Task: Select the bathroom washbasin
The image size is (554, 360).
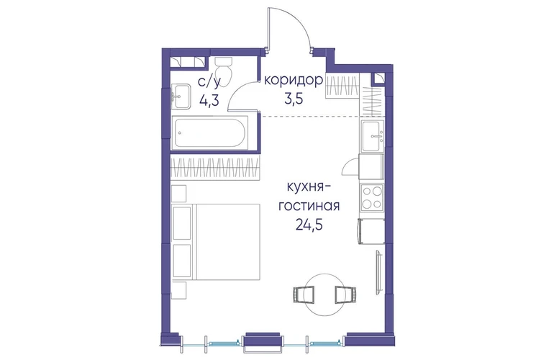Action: [x=181, y=96]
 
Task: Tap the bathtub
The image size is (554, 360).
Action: [x=209, y=133]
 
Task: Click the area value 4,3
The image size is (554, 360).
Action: [x=209, y=100]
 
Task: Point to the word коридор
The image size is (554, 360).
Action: [x=294, y=81]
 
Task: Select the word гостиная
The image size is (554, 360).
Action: [x=309, y=205]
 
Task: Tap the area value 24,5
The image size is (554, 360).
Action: [x=309, y=224]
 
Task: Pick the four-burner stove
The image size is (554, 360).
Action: [x=372, y=198]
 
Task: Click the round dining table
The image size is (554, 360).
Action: [x=323, y=294]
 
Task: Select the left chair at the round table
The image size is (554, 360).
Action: [x=304, y=295]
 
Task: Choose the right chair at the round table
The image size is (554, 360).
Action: [x=345, y=295]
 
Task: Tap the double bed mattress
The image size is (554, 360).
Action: [x=228, y=242]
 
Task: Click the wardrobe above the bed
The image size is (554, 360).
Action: [x=216, y=168]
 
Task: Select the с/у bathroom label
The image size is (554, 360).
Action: [x=209, y=82]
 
